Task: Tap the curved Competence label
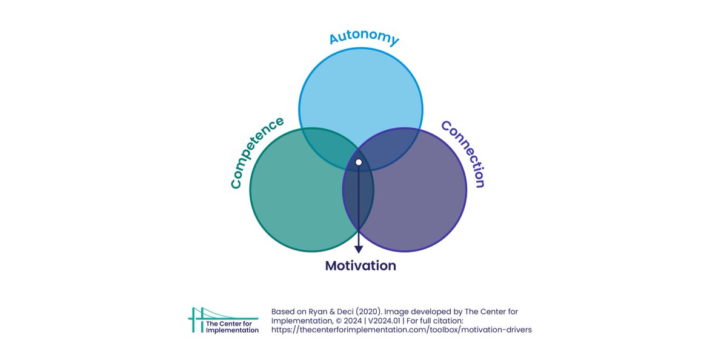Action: click(x=257, y=152)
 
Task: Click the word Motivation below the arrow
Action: click(x=360, y=265)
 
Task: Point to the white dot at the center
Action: click(x=359, y=162)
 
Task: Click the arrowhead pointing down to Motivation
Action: click(x=359, y=248)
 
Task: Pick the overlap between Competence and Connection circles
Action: click(x=359, y=206)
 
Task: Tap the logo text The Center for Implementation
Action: click(x=232, y=327)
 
